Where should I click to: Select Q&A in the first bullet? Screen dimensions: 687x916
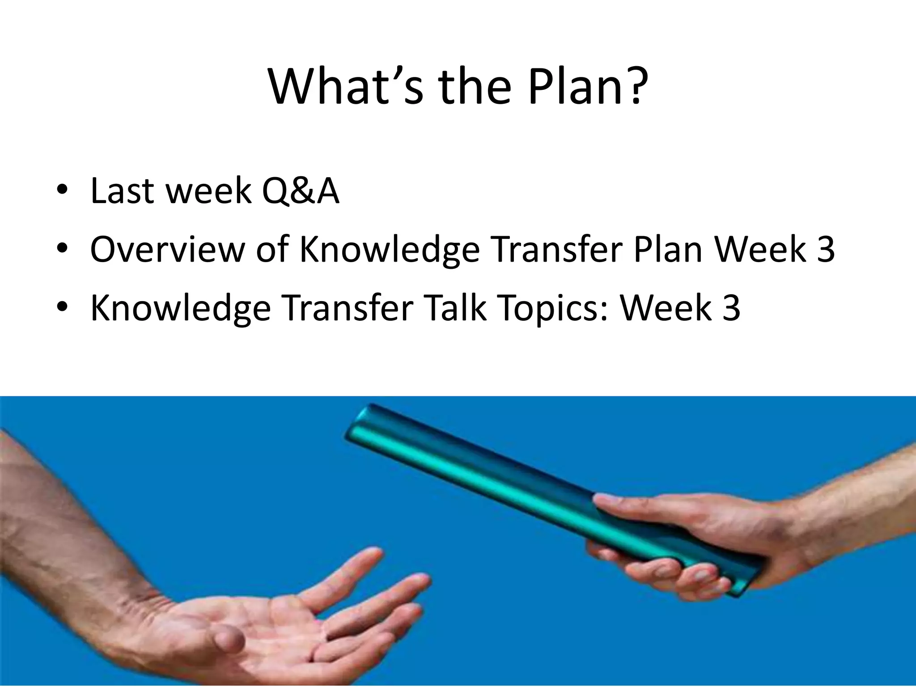[300, 191]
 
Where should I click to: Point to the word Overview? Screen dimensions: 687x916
[167, 250]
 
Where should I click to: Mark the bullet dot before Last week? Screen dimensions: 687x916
[62, 190]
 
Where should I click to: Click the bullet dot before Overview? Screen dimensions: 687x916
[62, 248]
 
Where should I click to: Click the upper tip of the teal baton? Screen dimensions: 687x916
[365, 416]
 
